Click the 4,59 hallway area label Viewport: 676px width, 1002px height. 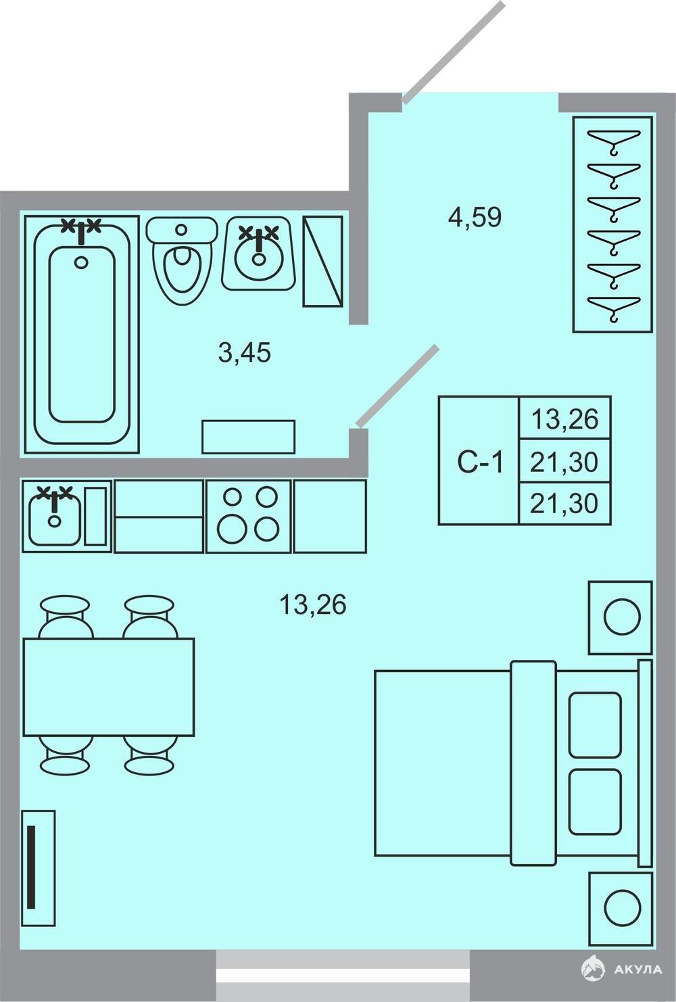coord(475,218)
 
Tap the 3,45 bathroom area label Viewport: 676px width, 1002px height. coord(245,352)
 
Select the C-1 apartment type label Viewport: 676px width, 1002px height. coord(480,462)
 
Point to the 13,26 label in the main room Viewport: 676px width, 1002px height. coord(313,604)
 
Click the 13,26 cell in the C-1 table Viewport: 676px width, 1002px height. coord(564,420)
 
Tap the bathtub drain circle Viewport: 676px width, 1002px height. coord(81,262)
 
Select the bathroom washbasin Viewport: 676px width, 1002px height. coord(259,253)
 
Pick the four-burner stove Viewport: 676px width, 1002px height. coord(248,516)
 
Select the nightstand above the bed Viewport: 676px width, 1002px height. coord(620,617)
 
